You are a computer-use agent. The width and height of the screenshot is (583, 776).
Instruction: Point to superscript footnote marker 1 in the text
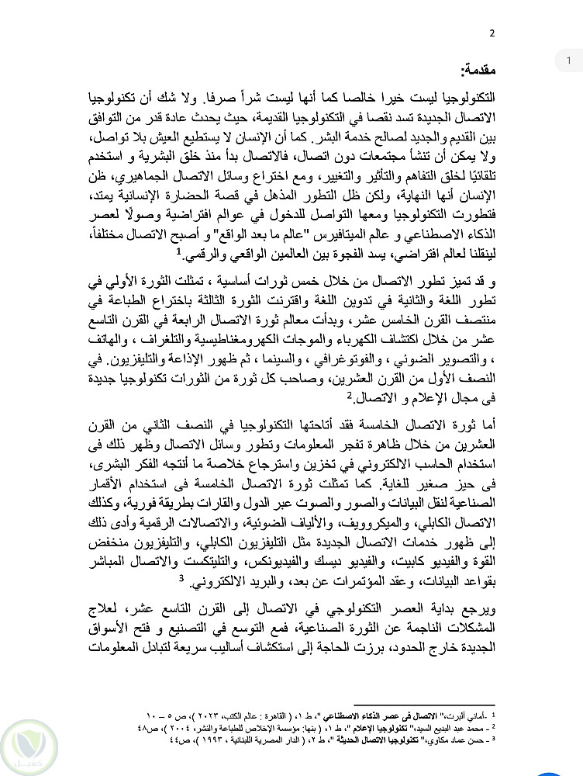(178, 251)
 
